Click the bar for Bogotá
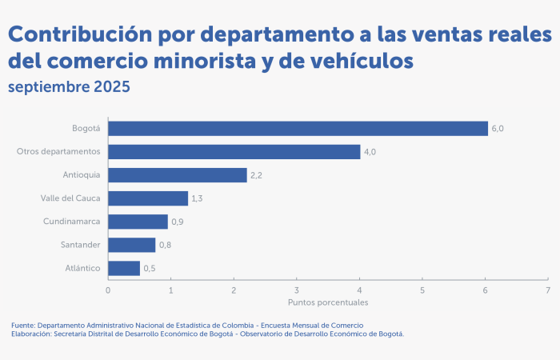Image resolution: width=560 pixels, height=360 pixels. click(x=298, y=129)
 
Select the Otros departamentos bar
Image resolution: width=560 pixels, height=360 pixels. click(x=234, y=152)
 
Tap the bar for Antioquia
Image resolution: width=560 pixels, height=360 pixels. click(x=177, y=175)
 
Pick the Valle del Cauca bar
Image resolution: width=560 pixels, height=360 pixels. click(x=148, y=198)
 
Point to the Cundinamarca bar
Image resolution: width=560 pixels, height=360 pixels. click(x=138, y=222)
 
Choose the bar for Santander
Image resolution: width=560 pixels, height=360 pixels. click(x=132, y=245)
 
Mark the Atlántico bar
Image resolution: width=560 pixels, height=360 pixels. click(x=124, y=268)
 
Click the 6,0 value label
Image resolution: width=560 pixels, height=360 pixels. click(x=498, y=129)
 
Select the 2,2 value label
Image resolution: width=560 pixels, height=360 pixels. click(x=257, y=175)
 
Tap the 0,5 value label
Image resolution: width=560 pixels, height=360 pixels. click(x=150, y=268)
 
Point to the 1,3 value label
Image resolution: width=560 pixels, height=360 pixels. click(x=198, y=198)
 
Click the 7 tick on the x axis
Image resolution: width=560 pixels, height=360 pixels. click(x=548, y=290)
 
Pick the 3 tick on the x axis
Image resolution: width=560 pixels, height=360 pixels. click(x=297, y=290)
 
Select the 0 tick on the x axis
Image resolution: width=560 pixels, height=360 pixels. click(x=108, y=290)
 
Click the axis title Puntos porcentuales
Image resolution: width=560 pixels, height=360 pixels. click(x=328, y=303)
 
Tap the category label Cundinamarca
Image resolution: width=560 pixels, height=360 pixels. click(x=71, y=222)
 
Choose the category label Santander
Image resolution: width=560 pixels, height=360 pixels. click(x=80, y=245)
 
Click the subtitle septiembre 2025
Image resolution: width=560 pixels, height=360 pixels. click(x=68, y=86)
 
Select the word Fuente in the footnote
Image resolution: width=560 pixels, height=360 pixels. click(x=22, y=325)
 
